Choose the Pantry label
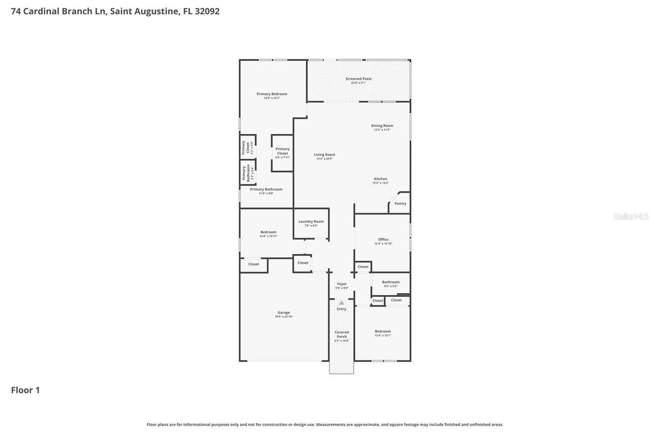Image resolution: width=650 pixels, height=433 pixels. pyautogui.click(x=400, y=204)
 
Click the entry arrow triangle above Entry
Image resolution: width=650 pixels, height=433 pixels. pyautogui.click(x=341, y=303)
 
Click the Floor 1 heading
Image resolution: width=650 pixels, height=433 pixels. pyautogui.click(x=25, y=390)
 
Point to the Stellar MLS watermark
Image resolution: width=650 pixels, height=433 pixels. pyautogui.click(x=631, y=216)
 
